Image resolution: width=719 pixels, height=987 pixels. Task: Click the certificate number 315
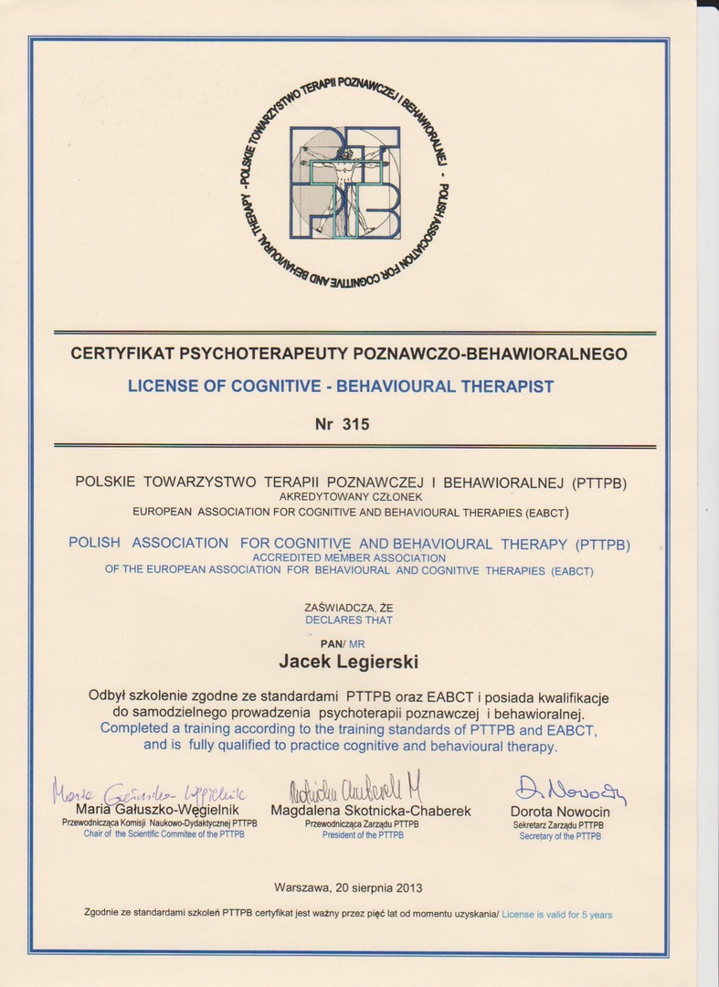(x=354, y=423)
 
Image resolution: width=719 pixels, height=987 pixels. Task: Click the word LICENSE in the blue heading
(x=161, y=387)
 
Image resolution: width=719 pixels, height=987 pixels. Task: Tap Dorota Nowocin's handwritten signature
(x=570, y=791)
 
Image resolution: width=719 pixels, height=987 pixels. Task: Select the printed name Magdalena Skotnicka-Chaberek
(x=370, y=811)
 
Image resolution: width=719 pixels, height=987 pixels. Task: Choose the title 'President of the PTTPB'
(x=363, y=835)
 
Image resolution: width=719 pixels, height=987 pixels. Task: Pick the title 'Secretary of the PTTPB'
(x=560, y=836)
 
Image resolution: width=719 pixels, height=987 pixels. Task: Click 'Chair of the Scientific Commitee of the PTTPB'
(x=164, y=834)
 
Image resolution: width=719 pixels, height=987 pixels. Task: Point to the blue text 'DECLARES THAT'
(x=349, y=621)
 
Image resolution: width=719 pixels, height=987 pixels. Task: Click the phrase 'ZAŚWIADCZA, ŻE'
(x=349, y=608)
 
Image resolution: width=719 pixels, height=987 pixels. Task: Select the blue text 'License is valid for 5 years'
(x=556, y=915)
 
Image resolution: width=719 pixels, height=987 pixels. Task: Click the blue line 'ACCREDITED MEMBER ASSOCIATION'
(x=349, y=557)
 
